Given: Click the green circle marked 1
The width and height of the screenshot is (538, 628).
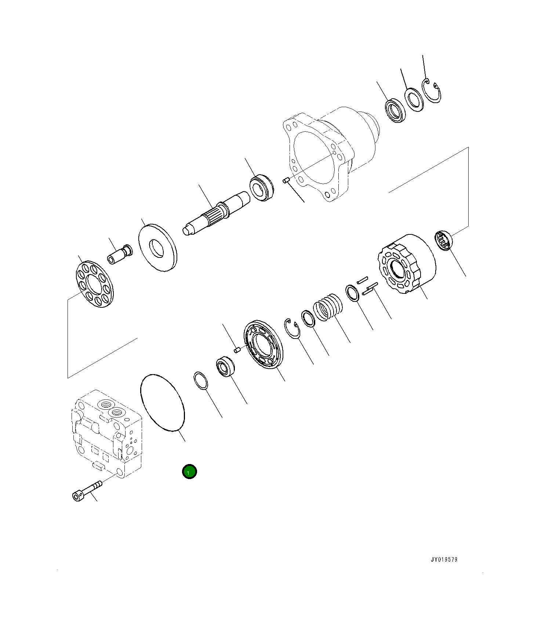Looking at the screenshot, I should tap(189, 472).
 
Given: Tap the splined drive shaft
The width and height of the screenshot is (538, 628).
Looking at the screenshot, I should tap(217, 215).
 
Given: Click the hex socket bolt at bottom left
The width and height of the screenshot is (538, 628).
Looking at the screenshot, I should tap(87, 491).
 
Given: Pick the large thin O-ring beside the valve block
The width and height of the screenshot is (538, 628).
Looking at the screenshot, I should tap(163, 402).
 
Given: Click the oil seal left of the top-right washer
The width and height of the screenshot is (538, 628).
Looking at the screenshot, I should tap(395, 110).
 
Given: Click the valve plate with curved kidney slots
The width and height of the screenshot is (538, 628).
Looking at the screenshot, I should tap(263, 344).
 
